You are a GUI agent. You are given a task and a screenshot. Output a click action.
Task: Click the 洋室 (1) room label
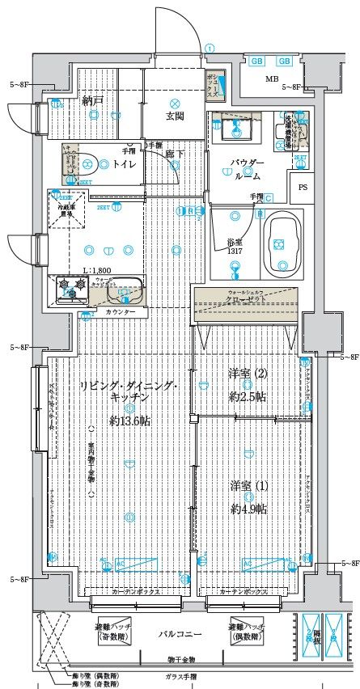coord(249,486)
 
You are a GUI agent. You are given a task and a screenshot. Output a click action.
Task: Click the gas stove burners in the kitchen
coord(70,285)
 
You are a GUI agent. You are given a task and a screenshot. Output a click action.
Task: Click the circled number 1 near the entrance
coord(210,49)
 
